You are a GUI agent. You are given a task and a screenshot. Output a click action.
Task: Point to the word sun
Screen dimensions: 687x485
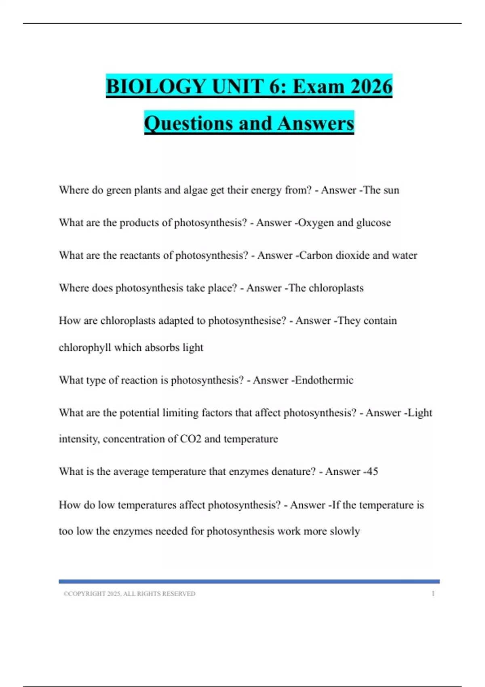(x=390, y=190)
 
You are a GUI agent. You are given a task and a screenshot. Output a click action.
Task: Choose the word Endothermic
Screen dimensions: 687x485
(x=324, y=380)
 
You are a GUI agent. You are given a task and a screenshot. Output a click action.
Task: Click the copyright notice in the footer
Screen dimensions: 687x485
(x=129, y=594)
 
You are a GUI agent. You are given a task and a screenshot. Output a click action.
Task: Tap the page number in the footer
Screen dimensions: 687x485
(x=433, y=594)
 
